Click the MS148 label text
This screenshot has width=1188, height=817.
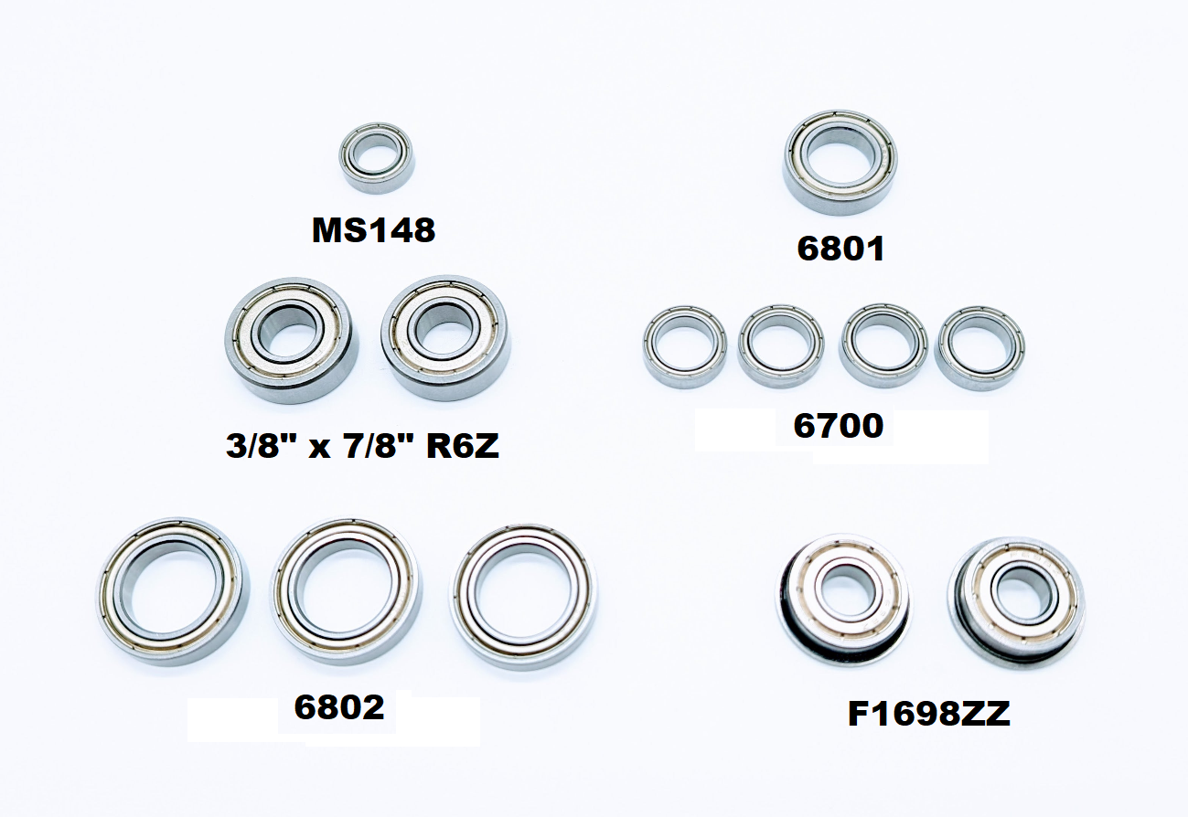[373, 230]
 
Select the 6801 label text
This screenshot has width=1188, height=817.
[840, 249]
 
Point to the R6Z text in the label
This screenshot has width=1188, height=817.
[463, 446]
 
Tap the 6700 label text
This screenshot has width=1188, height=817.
[839, 426]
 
